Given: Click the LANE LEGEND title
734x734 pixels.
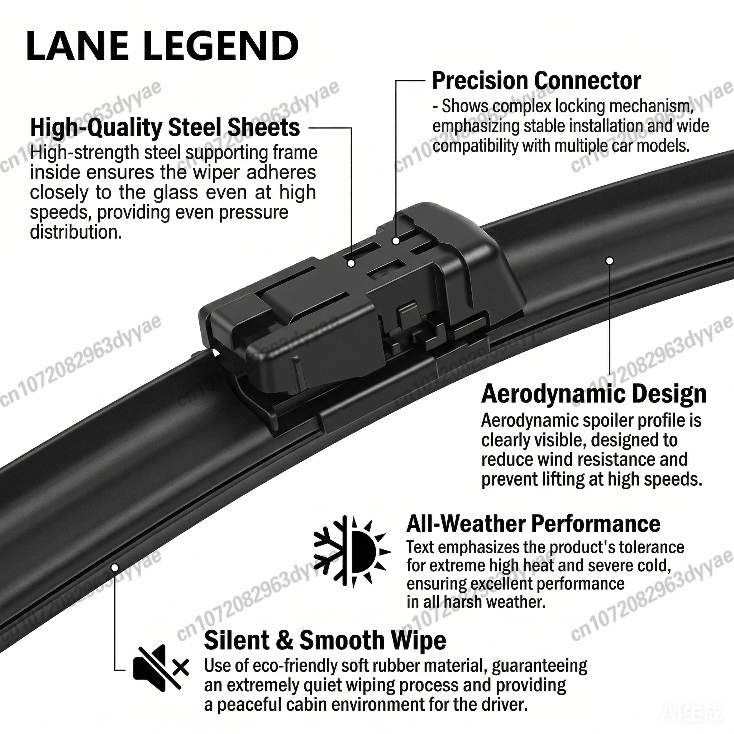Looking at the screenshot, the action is click(163, 46).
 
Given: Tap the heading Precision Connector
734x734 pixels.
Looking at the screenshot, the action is click(537, 81).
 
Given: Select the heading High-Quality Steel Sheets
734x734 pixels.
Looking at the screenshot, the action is click(165, 127).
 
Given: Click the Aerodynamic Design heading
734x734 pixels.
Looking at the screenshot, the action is click(594, 394).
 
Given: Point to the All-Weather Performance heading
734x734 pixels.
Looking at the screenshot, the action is click(533, 524).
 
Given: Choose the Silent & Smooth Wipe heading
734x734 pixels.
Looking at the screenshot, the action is click(325, 640).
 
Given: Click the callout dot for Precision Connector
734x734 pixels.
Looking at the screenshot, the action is click(396, 240).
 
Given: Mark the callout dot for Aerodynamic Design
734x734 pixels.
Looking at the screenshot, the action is click(609, 261).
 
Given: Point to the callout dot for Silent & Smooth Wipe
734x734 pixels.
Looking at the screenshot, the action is click(115, 568).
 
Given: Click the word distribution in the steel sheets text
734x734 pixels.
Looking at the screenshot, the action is click(76, 232).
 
